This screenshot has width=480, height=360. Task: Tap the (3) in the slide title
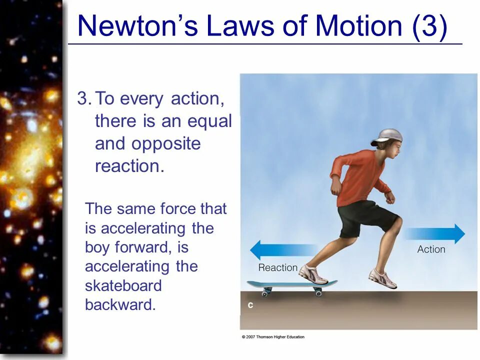click(x=429, y=26)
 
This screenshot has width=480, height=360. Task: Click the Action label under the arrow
click(x=431, y=249)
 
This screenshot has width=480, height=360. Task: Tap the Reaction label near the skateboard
click(x=278, y=267)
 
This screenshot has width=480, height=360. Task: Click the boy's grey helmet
click(x=388, y=136)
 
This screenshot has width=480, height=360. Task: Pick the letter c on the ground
click(x=249, y=305)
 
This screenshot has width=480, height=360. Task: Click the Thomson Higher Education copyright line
click(x=273, y=337)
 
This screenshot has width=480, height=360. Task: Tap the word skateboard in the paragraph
click(x=123, y=286)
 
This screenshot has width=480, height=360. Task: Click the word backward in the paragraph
click(x=120, y=305)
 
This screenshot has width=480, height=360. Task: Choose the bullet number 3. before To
click(x=83, y=99)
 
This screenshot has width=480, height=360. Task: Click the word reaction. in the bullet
click(x=129, y=166)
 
